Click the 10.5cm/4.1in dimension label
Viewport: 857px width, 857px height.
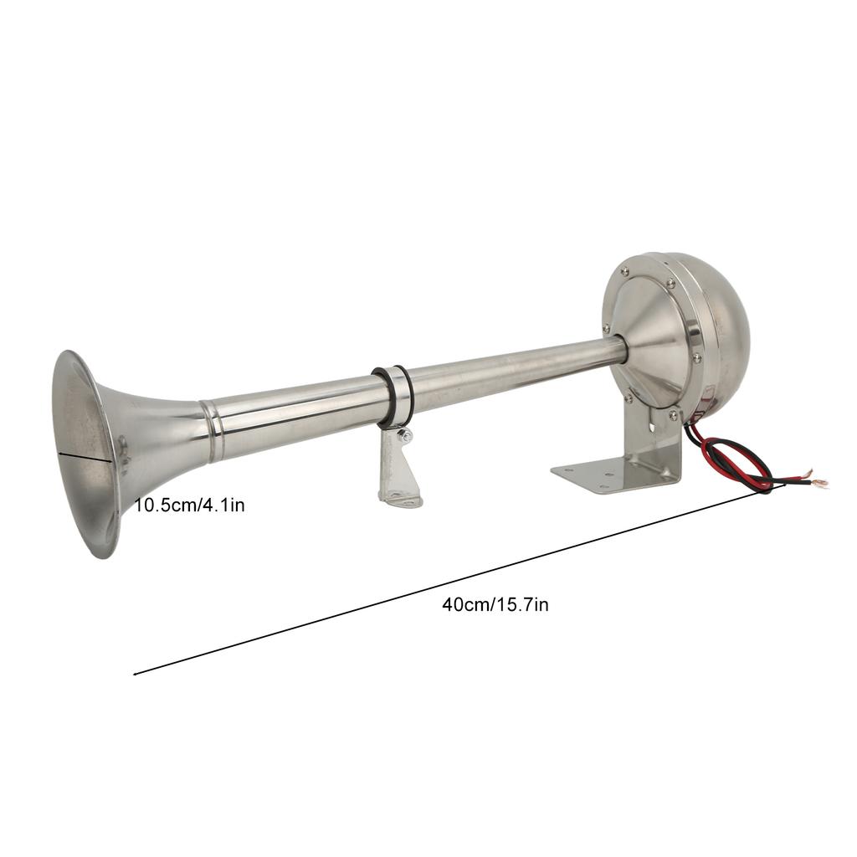coord(190,505)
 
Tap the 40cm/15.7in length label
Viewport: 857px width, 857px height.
coord(495,604)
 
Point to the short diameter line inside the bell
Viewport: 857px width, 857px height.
coord(85,455)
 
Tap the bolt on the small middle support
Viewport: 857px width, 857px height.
coord(405,435)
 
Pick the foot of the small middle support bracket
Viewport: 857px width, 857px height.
coord(400,500)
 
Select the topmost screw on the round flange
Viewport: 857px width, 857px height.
coord(624,270)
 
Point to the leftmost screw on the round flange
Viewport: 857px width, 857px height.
coord(605,329)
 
